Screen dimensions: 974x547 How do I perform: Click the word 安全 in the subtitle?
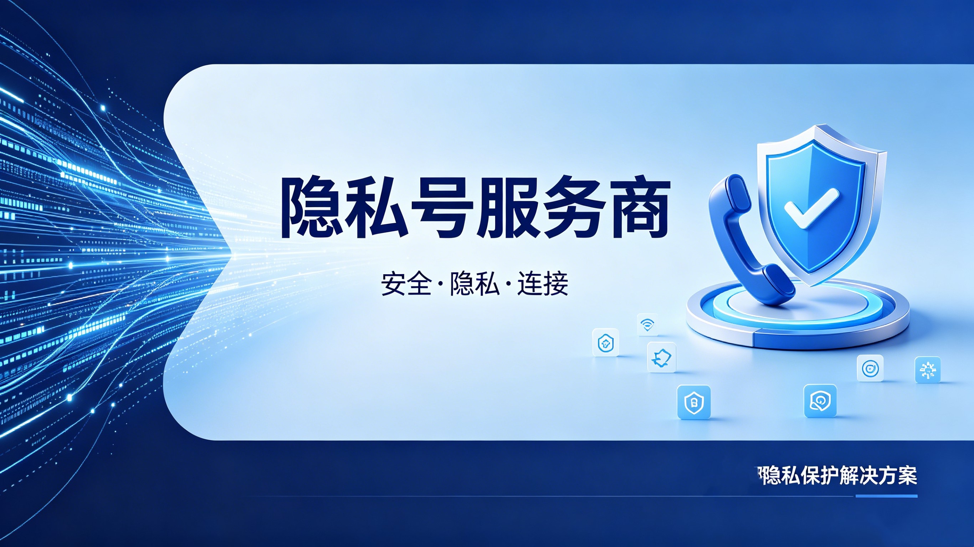[x=406, y=283]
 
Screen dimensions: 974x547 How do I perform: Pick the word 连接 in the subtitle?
[x=543, y=283]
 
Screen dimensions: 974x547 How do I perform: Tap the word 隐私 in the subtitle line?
[x=474, y=283]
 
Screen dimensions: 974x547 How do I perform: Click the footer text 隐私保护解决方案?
[x=839, y=475]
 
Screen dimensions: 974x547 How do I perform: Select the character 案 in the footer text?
[x=907, y=475]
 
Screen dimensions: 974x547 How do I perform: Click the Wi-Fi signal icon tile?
[x=647, y=324]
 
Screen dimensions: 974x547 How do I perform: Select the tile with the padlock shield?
[x=693, y=402]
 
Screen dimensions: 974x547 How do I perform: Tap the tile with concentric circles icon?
[x=870, y=368]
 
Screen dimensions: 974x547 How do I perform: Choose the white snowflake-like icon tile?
[x=928, y=369]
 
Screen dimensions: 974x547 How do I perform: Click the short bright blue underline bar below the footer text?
[x=886, y=496]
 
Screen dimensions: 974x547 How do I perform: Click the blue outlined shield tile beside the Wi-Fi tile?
[x=606, y=343]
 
